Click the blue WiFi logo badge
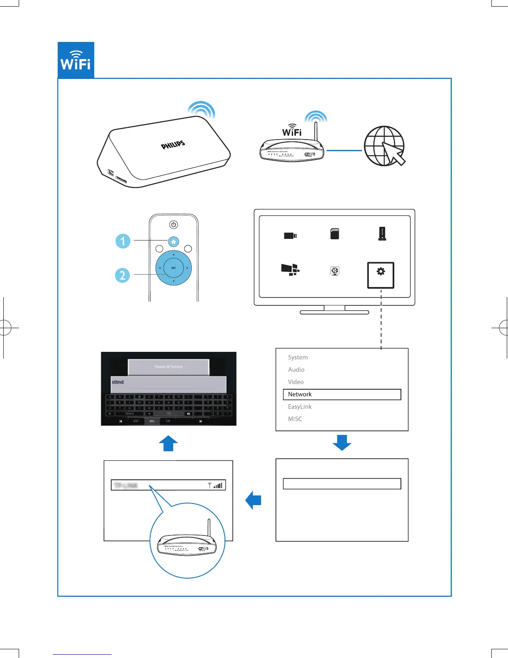[76, 60]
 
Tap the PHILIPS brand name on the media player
[173, 145]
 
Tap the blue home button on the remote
[173, 241]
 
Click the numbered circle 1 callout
[122, 241]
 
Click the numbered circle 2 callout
[122, 275]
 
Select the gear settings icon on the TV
[381, 272]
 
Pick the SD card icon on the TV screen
[335, 234]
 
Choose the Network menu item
[300, 394]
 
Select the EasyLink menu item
[300, 407]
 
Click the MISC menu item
[295, 419]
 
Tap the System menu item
[298, 357]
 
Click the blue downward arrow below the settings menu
[342, 442]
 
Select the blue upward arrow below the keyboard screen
[169, 443]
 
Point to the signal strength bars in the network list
[218, 485]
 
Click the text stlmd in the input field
[118, 382]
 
